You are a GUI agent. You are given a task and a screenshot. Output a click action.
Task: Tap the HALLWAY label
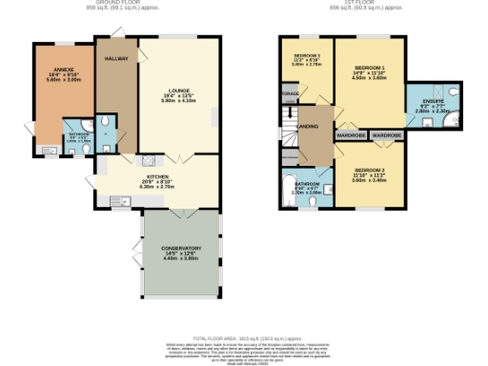pos(115,58)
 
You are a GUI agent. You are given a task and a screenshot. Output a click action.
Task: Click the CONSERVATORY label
pos(181,249)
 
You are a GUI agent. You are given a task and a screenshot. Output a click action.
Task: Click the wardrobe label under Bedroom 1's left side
pos(352,136)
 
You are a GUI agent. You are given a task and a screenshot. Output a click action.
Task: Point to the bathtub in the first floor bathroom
pos(291,186)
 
